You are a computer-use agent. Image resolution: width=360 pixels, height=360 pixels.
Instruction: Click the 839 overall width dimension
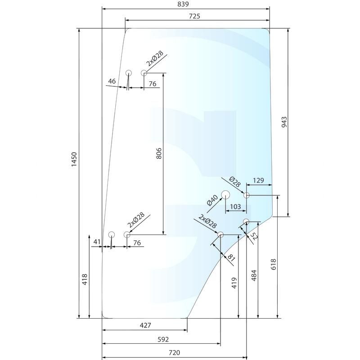click(x=183, y=4)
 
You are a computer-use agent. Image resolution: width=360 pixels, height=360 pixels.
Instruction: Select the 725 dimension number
click(x=194, y=16)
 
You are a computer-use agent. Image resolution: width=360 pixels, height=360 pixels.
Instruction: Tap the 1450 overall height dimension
click(x=74, y=160)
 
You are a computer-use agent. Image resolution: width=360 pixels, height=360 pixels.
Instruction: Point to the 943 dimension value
click(x=284, y=122)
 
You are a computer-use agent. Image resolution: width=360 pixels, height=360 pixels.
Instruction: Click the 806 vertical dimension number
click(x=159, y=153)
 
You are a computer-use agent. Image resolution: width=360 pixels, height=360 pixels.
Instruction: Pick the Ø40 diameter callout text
click(x=212, y=200)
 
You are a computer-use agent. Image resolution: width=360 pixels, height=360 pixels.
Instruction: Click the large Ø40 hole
click(x=225, y=195)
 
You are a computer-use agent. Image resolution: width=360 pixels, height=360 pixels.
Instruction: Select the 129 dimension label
click(x=258, y=180)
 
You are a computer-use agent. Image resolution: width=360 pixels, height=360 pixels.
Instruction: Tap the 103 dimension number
click(x=235, y=207)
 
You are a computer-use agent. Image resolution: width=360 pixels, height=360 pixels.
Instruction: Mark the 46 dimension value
click(x=112, y=81)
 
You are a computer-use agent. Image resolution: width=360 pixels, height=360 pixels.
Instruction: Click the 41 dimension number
click(x=97, y=242)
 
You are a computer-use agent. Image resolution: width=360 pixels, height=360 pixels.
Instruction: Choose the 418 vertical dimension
click(x=85, y=279)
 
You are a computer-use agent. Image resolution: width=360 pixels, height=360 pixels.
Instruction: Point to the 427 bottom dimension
click(x=145, y=325)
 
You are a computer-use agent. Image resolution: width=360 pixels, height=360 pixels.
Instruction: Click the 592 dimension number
click(x=163, y=339)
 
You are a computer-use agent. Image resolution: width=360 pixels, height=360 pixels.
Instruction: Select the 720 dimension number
click(x=174, y=353)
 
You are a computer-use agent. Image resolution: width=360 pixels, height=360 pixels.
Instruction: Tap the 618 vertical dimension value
click(x=274, y=264)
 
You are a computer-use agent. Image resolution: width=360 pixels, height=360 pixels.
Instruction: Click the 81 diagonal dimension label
click(x=231, y=258)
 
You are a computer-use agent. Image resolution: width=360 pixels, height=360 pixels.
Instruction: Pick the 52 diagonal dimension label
click(x=254, y=236)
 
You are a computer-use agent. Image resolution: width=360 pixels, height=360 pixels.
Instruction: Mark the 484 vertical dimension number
click(x=254, y=275)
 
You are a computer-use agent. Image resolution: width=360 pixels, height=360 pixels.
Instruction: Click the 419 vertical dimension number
click(x=234, y=283)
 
